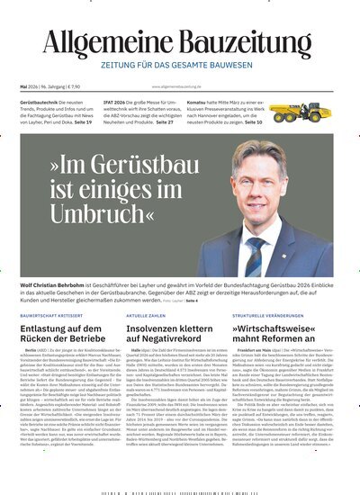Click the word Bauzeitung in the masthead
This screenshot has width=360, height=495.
point(244,43)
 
